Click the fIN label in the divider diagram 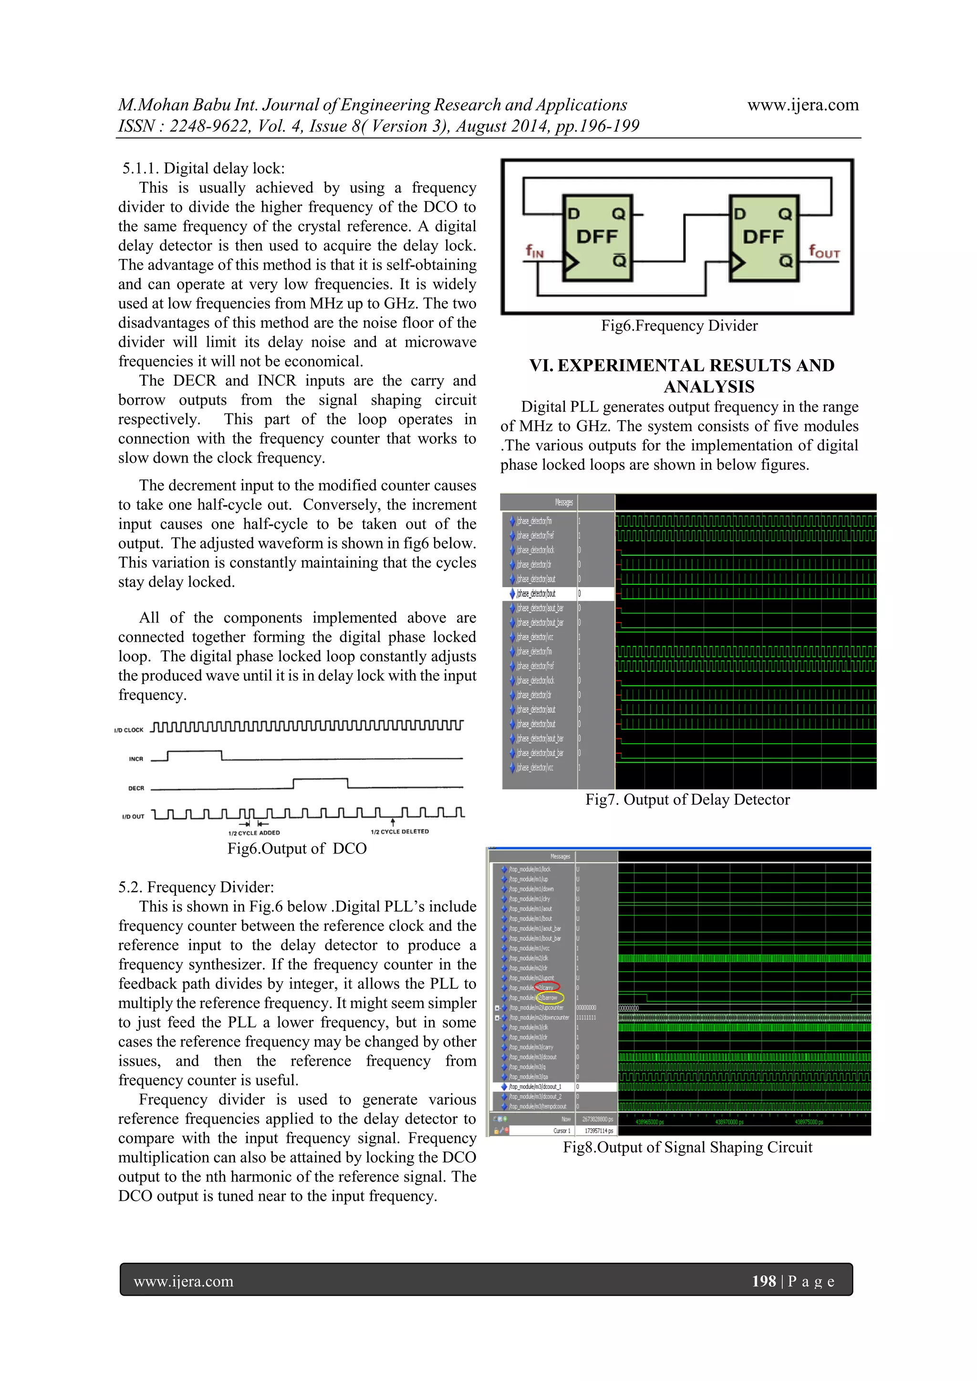pyautogui.click(x=534, y=251)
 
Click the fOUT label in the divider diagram pyautogui.click(x=823, y=251)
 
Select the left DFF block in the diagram pyautogui.click(x=597, y=238)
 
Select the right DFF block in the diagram pyautogui.click(x=763, y=238)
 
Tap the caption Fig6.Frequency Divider pyautogui.click(x=679, y=326)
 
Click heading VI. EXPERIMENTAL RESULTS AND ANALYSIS pyautogui.click(x=682, y=376)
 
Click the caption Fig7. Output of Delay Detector pyautogui.click(x=687, y=800)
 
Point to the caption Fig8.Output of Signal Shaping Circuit pyautogui.click(x=687, y=1147)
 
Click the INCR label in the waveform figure pyautogui.click(x=136, y=759)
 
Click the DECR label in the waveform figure pyautogui.click(x=136, y=788)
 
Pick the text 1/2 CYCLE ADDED pyautogui.click(x=254, y=833)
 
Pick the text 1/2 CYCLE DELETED pyautogui.click(x=399, y=832)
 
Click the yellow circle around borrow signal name pyautogui.click(x=549, y=997)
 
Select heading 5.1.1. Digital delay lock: pyautogui.click(x=203, y=168)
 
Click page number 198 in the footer pyautogui.click(x=763, y=1281)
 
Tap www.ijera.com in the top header pyautogui.click(x=802, y=105)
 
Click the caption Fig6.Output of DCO pyautogui.click(x=297, y=849)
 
